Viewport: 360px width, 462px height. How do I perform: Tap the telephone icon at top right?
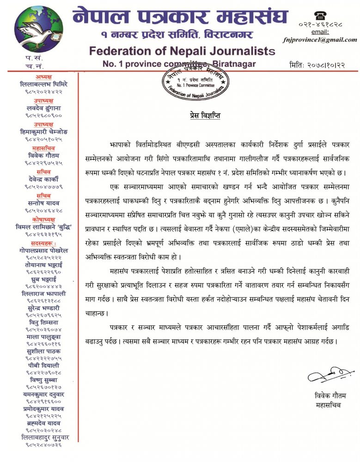pyautogui.click(x=319, y=16)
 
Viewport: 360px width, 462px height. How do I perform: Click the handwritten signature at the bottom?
pyautogui.click(x=327, y=375)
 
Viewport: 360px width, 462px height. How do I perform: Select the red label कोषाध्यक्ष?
pyautogui.click(x=44, y=219)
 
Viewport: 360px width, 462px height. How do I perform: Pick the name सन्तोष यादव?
pyautogui.click(x=44, y=202)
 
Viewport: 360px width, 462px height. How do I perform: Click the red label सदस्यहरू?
pyautogui.click(x=44, y=243)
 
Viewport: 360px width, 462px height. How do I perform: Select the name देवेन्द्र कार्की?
pyautogui.click(x=44, y=179)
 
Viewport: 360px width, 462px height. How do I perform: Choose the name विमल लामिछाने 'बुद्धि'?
pyautogui.click(x=44, y=226)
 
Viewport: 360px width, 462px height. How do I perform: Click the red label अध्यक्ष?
pyautogui.click(x=44, y=77)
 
